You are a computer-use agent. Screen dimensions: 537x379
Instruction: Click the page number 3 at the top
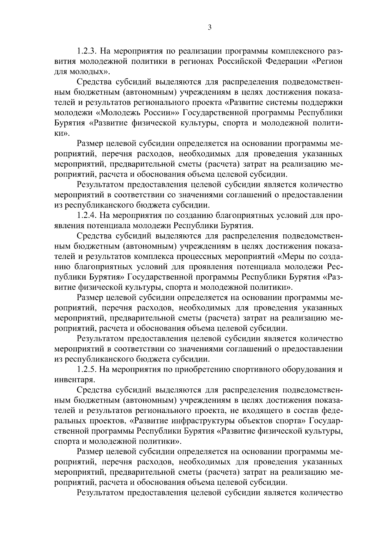(x=210, y=28)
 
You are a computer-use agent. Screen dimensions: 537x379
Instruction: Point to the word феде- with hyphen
(x=331, y=410)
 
